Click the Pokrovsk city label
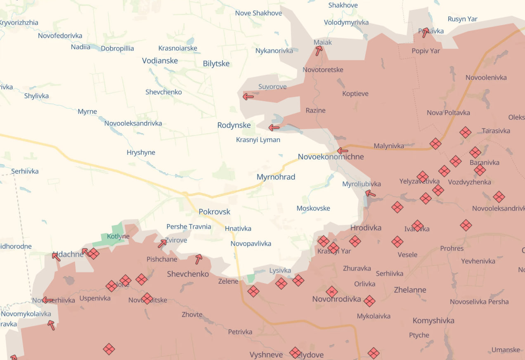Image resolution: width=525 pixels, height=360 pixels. (214, 212)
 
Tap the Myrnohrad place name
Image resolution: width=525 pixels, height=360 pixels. (276, 177)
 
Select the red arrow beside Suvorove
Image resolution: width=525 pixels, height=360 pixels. (248, 97)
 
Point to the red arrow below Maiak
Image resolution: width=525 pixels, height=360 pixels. (319, 51)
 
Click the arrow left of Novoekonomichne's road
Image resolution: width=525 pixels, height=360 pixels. (342, 151)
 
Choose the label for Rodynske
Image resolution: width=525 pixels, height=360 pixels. (234, 125)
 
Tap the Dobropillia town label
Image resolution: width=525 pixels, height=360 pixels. (117, 48)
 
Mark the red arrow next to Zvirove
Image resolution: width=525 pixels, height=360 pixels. (162, 244)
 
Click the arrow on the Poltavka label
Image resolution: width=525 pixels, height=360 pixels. (426, 33)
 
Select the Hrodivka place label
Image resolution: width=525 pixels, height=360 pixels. (366, 228)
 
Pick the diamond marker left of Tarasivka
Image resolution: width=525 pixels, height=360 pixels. (466, 133)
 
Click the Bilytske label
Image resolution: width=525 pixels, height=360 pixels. (216, 64)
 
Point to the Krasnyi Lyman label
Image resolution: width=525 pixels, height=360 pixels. (258, 140)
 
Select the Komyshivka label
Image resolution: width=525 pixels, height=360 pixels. (433, 321)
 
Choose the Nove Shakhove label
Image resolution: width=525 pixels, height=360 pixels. (258, 13)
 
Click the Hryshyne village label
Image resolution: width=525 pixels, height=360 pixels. (141, 153)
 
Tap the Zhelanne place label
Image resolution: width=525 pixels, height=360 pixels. (410, 290)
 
